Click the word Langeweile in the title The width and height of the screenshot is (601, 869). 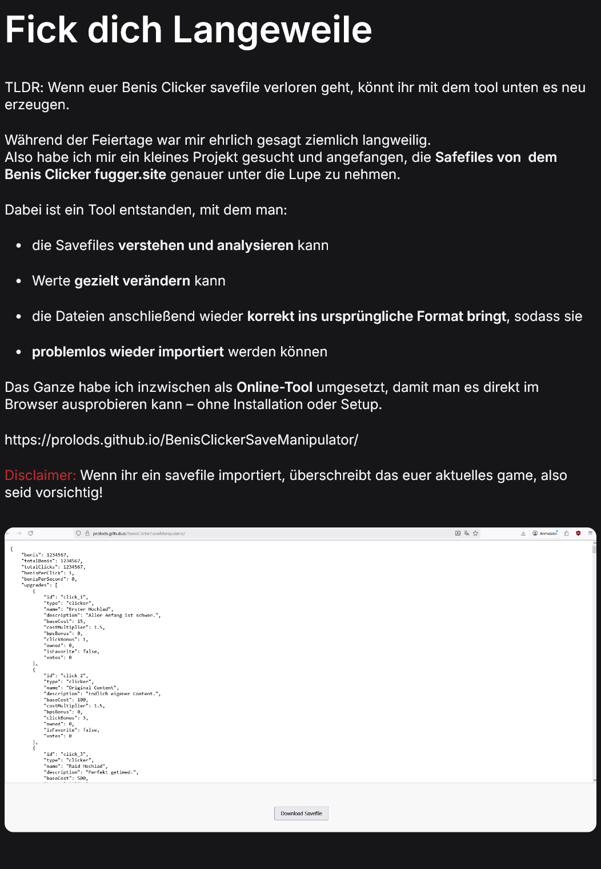[x=272, y=30]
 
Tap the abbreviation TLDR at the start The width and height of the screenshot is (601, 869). [x=23, y=88]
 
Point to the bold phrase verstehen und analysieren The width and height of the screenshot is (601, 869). [x=206, y=245]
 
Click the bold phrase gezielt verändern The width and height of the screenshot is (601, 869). [x=132, y=281]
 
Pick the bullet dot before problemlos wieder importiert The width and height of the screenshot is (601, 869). [x=19, y=352]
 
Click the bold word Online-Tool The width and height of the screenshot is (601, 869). [x=274, y=387]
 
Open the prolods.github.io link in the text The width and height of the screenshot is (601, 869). [x=181, y=440]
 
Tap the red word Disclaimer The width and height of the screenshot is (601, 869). [x=40, y=475]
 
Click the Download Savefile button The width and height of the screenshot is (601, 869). [x=301, y=814]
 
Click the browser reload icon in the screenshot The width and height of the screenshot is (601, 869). [x=30, y=533]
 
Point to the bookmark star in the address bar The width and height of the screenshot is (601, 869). [x=475, y=533]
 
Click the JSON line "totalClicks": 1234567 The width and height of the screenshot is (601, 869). [x=54, y=567]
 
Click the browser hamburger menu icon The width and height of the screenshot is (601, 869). [x=590, y=533]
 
